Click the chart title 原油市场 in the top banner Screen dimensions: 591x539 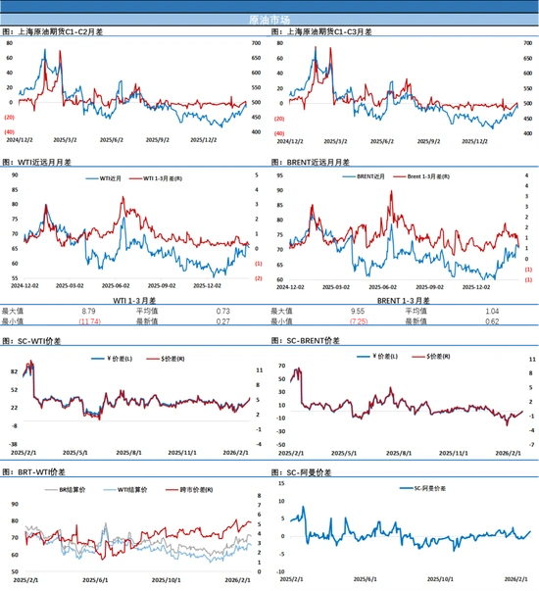(269, 19)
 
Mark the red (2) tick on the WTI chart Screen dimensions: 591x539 (258, 278)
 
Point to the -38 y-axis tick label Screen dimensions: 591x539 (13, 443)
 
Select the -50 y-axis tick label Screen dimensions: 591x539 (279, 444)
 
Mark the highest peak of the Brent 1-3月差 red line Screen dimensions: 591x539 (391, 192)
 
